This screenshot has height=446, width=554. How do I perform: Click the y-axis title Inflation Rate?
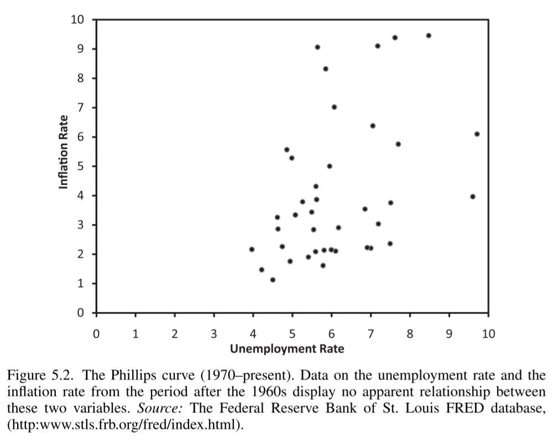click(64, 152)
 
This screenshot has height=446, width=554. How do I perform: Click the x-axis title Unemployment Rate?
click(287, 349)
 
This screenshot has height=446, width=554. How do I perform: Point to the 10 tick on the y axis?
click(77, 20)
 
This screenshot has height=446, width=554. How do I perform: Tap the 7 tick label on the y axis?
click(81, 107)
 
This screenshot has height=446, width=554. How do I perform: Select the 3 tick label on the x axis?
click(214, 334)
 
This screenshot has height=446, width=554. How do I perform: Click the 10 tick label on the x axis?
click(488, 334)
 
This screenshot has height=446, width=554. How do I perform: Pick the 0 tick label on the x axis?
click(96, 334)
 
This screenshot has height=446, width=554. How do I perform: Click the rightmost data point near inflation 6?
click(477, 134)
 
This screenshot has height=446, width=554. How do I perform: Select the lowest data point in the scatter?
click(273, 280)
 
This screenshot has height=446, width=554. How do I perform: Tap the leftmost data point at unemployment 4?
click(252, 249)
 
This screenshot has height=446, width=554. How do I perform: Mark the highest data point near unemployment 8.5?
click(428, 35)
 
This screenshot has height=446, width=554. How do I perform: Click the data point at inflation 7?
click(334, 107)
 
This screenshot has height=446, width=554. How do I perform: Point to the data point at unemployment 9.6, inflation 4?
click(473, 197)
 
